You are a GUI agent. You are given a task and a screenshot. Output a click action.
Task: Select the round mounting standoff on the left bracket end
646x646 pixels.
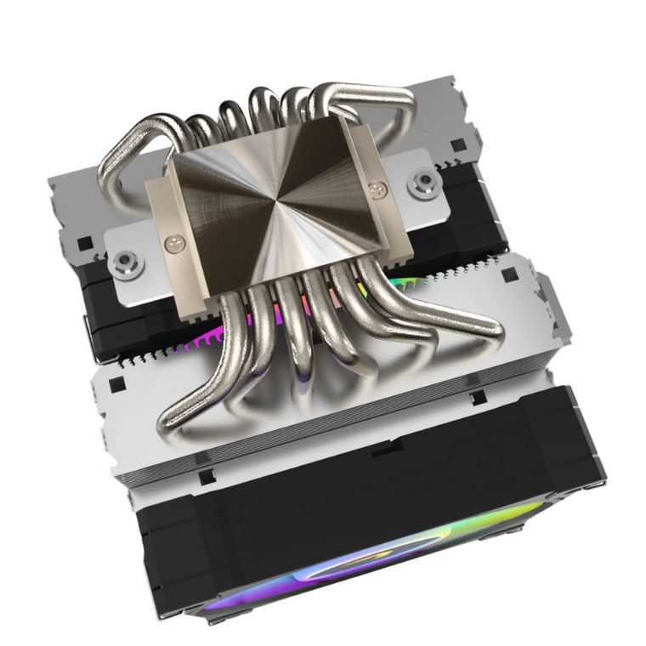pyautogui.click(x=125, y=258)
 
